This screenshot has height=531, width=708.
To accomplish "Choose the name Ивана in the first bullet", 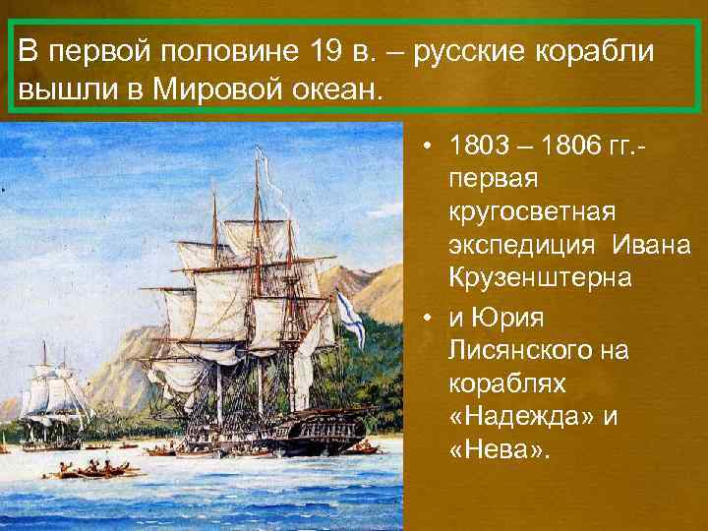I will tap(650, 246).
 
